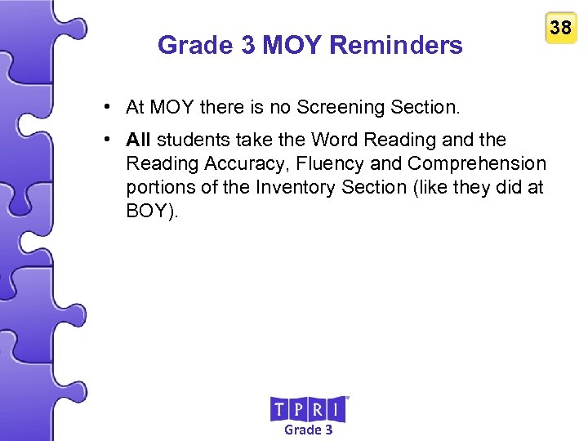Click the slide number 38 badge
[x=560, y=29]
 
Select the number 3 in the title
[x=247, y=45]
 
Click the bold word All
[x=138, y=140]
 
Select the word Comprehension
[x=477, y=163]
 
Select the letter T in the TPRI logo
[x=279, y=409]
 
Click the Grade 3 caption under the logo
[x=308, y=430]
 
